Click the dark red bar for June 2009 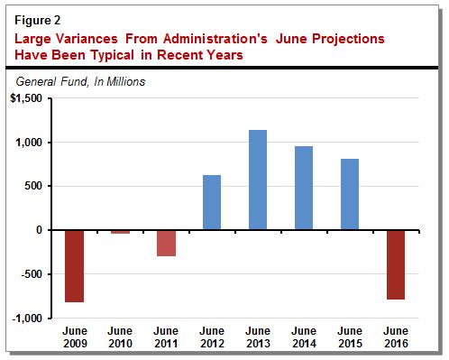click(x=73, y=266)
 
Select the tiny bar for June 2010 click(x=120, y=232)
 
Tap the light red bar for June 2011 click(x=166, y=243)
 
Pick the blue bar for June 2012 click(x=213, y=202)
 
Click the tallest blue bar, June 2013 click(x=259, y=180)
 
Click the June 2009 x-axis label click(x=73, y=335)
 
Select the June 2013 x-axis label click(x=259, y=335)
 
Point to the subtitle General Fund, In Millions click(x=81, y=81)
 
